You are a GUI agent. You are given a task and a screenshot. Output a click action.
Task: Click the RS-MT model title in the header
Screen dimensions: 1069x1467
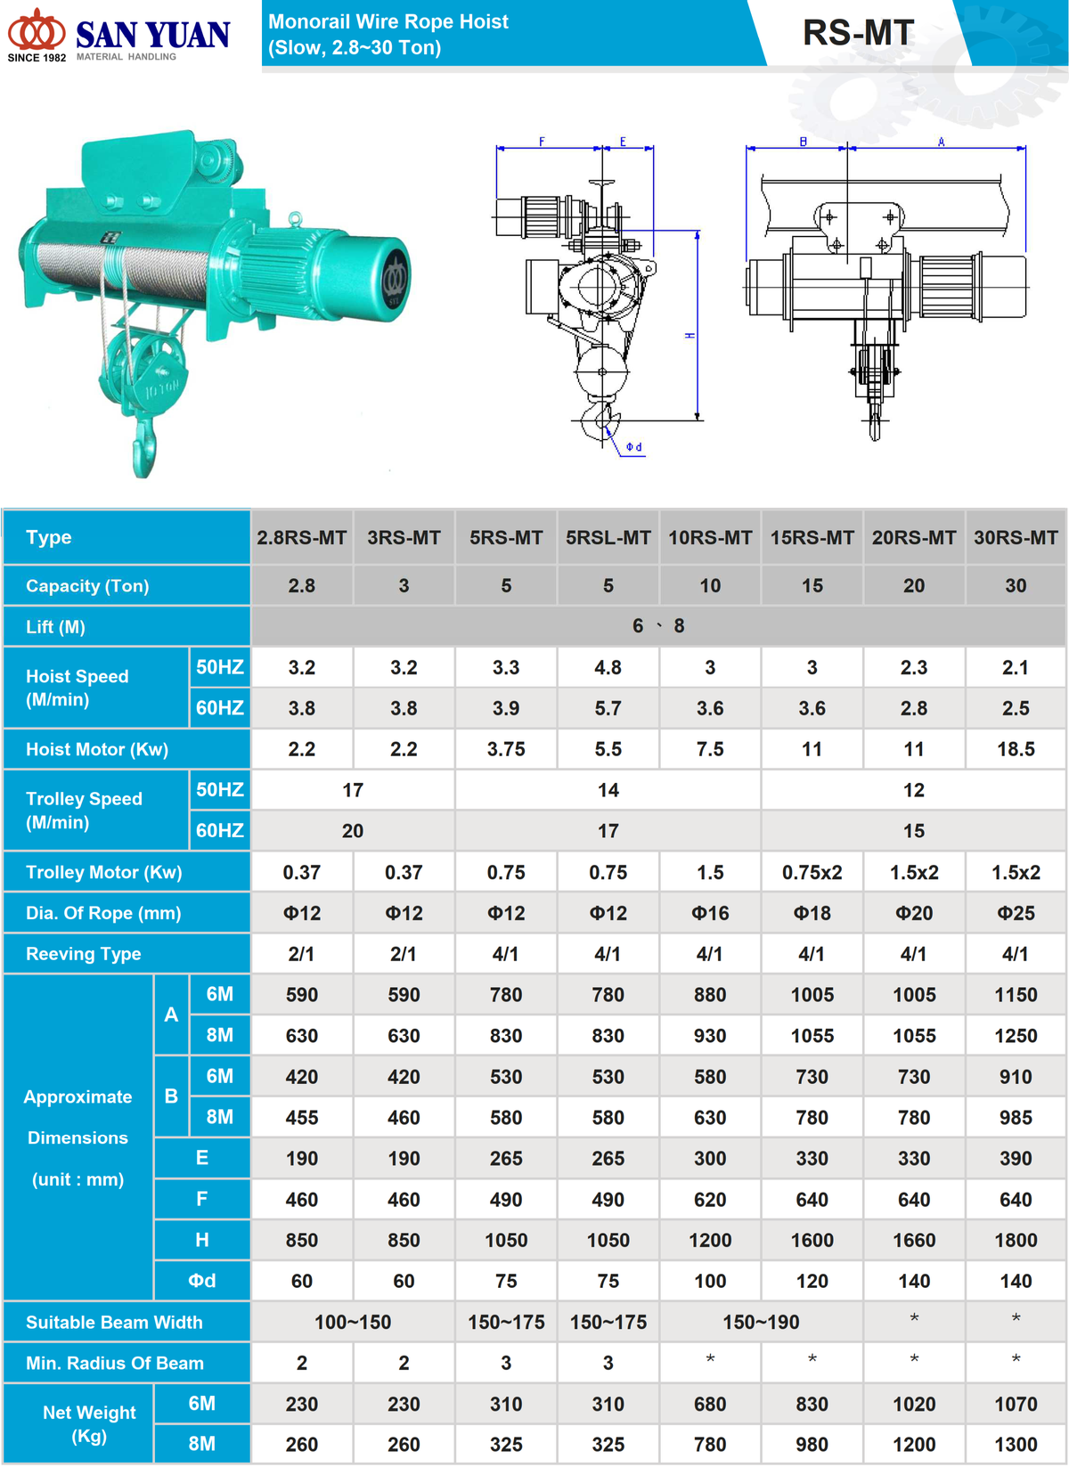pos(858,33)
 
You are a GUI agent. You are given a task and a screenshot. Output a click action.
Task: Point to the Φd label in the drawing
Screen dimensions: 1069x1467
pos(633,446)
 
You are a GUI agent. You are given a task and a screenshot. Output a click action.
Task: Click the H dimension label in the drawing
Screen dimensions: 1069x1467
pos(690,335)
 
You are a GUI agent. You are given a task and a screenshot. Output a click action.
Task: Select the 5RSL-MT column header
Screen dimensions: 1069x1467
pos(608,538)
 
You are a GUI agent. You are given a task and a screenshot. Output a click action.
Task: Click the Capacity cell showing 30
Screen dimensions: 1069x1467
pos(1016,585)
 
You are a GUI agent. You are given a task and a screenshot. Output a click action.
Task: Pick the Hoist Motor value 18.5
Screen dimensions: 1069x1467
pos(1016,749)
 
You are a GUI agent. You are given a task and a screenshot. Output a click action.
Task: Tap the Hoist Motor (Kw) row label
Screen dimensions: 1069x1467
pos(97,749)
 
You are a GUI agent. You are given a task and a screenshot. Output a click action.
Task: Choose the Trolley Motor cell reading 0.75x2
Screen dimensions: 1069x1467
pos(812,872)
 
